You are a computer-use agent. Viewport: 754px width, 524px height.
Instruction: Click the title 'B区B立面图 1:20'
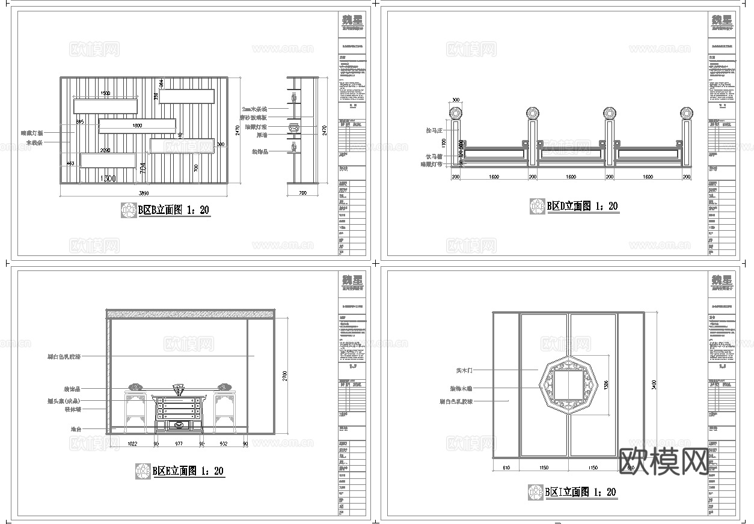click(x=174, y=210)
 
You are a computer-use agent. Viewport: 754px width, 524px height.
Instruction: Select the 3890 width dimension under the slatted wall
click(x=144, y=193)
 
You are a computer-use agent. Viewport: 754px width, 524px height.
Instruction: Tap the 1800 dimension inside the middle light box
click(x=136, y=126)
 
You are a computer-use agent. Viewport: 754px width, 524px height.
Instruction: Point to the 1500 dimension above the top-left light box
click(x=105, y=94)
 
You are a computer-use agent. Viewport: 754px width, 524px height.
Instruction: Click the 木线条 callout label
click(x=35, y=143)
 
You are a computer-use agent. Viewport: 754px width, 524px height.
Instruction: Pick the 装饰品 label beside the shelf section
click(x=260, y=152)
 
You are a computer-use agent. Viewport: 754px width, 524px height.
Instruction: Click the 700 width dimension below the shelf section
click(x=302, y=193)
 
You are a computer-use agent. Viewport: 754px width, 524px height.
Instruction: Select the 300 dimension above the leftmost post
click(x=455, y=100)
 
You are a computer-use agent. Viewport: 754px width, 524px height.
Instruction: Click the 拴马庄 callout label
click(x=434, y=130)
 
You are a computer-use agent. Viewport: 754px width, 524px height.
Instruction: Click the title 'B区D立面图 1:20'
click(x=581, y=206)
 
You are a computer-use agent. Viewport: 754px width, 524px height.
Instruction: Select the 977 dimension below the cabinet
click(x=179, y=443)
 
